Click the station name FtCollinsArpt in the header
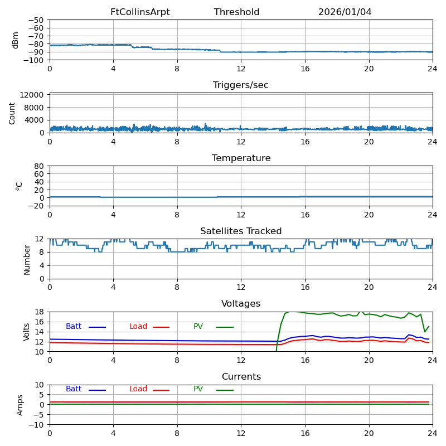click(140, 12)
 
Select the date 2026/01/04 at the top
click(345, 12)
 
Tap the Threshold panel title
click(236, 12)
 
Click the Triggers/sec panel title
click(241, 85)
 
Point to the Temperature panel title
click(241, 158)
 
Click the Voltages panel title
click(241, 304)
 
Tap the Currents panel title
click(241, 377)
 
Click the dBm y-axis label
click(16, 40)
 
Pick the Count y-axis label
click(12, 113)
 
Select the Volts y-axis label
click(27, 332)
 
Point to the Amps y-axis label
click(20, 405)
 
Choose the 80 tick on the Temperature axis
click(39, 166)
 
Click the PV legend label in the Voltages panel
click(198, 327)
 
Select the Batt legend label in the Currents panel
click(74, 389)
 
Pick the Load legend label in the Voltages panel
click(138, 327)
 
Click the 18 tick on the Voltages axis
click(39, 312)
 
